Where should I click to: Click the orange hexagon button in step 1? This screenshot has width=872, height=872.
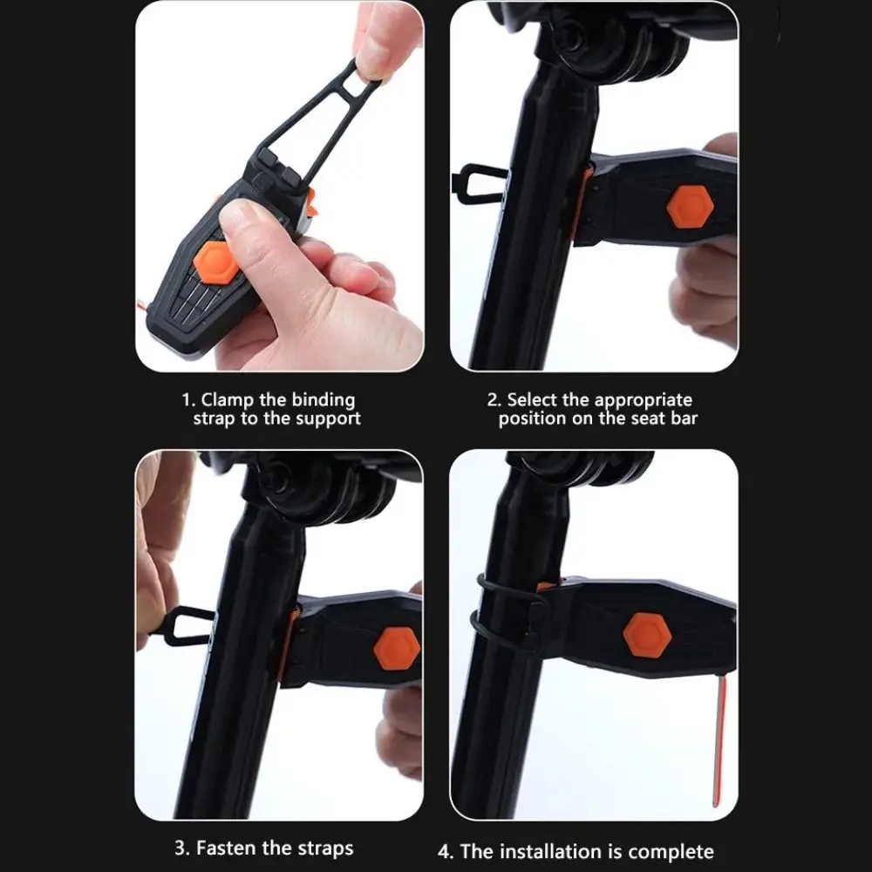[x=215, y=263]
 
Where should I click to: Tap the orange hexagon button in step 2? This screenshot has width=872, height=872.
[x=690, y=207]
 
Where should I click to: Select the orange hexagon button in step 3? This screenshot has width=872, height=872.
[x=397, y=648]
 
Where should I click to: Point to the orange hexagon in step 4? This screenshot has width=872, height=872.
[x=647, y=635]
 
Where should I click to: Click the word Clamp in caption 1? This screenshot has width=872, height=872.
[x=227, y=400]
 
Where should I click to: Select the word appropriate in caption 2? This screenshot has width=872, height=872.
[x=644, y=401]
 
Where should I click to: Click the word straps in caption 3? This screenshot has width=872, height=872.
[x=325, y=849]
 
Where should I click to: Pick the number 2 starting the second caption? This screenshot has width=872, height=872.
[x=492, y=400]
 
